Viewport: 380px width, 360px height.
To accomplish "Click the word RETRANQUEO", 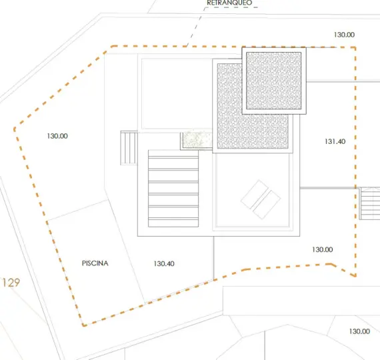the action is pos(229,3).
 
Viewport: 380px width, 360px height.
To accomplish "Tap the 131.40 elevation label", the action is pos(335,141).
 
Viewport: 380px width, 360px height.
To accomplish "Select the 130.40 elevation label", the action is pos(164,264).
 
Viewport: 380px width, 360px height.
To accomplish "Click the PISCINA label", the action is pos(95,263).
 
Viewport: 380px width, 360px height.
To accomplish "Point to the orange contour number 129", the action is pos(11,283).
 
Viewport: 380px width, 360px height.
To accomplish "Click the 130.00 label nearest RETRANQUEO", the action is pos(344,35).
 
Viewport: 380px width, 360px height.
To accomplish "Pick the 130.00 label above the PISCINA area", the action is pos(57,136).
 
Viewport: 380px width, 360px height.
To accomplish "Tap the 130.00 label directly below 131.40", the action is pos(322,250).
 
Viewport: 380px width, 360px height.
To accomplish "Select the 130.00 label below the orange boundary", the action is pos(359,331).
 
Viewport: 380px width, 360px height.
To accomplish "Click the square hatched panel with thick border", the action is pos(274,81).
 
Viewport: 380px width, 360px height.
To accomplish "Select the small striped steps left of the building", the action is pos(129,148).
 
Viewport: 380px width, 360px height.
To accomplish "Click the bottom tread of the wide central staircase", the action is pos(173,223).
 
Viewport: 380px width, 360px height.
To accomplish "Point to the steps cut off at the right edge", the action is pos(369,203).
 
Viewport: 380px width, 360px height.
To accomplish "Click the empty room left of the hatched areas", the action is pos(177,94).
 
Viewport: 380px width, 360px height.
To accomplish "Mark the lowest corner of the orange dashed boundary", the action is pos(83,325).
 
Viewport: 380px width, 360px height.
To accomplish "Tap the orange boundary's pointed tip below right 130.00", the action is pos(355,276).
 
